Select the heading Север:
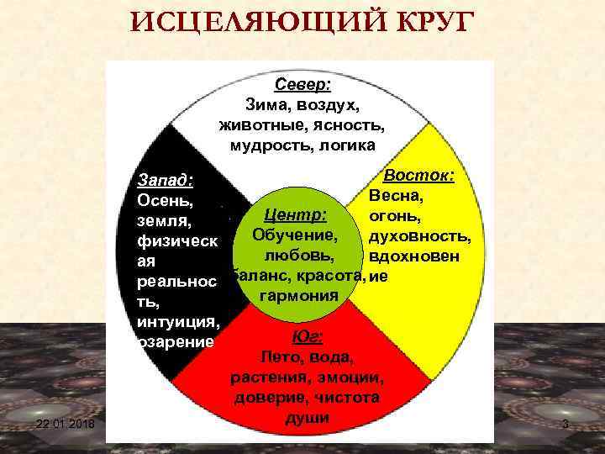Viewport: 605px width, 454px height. pos(302,85)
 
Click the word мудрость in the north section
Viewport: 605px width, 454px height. pos(264,145)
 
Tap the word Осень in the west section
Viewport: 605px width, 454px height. pos(165,202)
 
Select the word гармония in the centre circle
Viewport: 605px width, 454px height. pos(298,296)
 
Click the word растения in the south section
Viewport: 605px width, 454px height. pos(268,377)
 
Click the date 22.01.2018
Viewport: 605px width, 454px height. pos(66,425)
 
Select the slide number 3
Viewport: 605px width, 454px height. pos(565,425)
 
